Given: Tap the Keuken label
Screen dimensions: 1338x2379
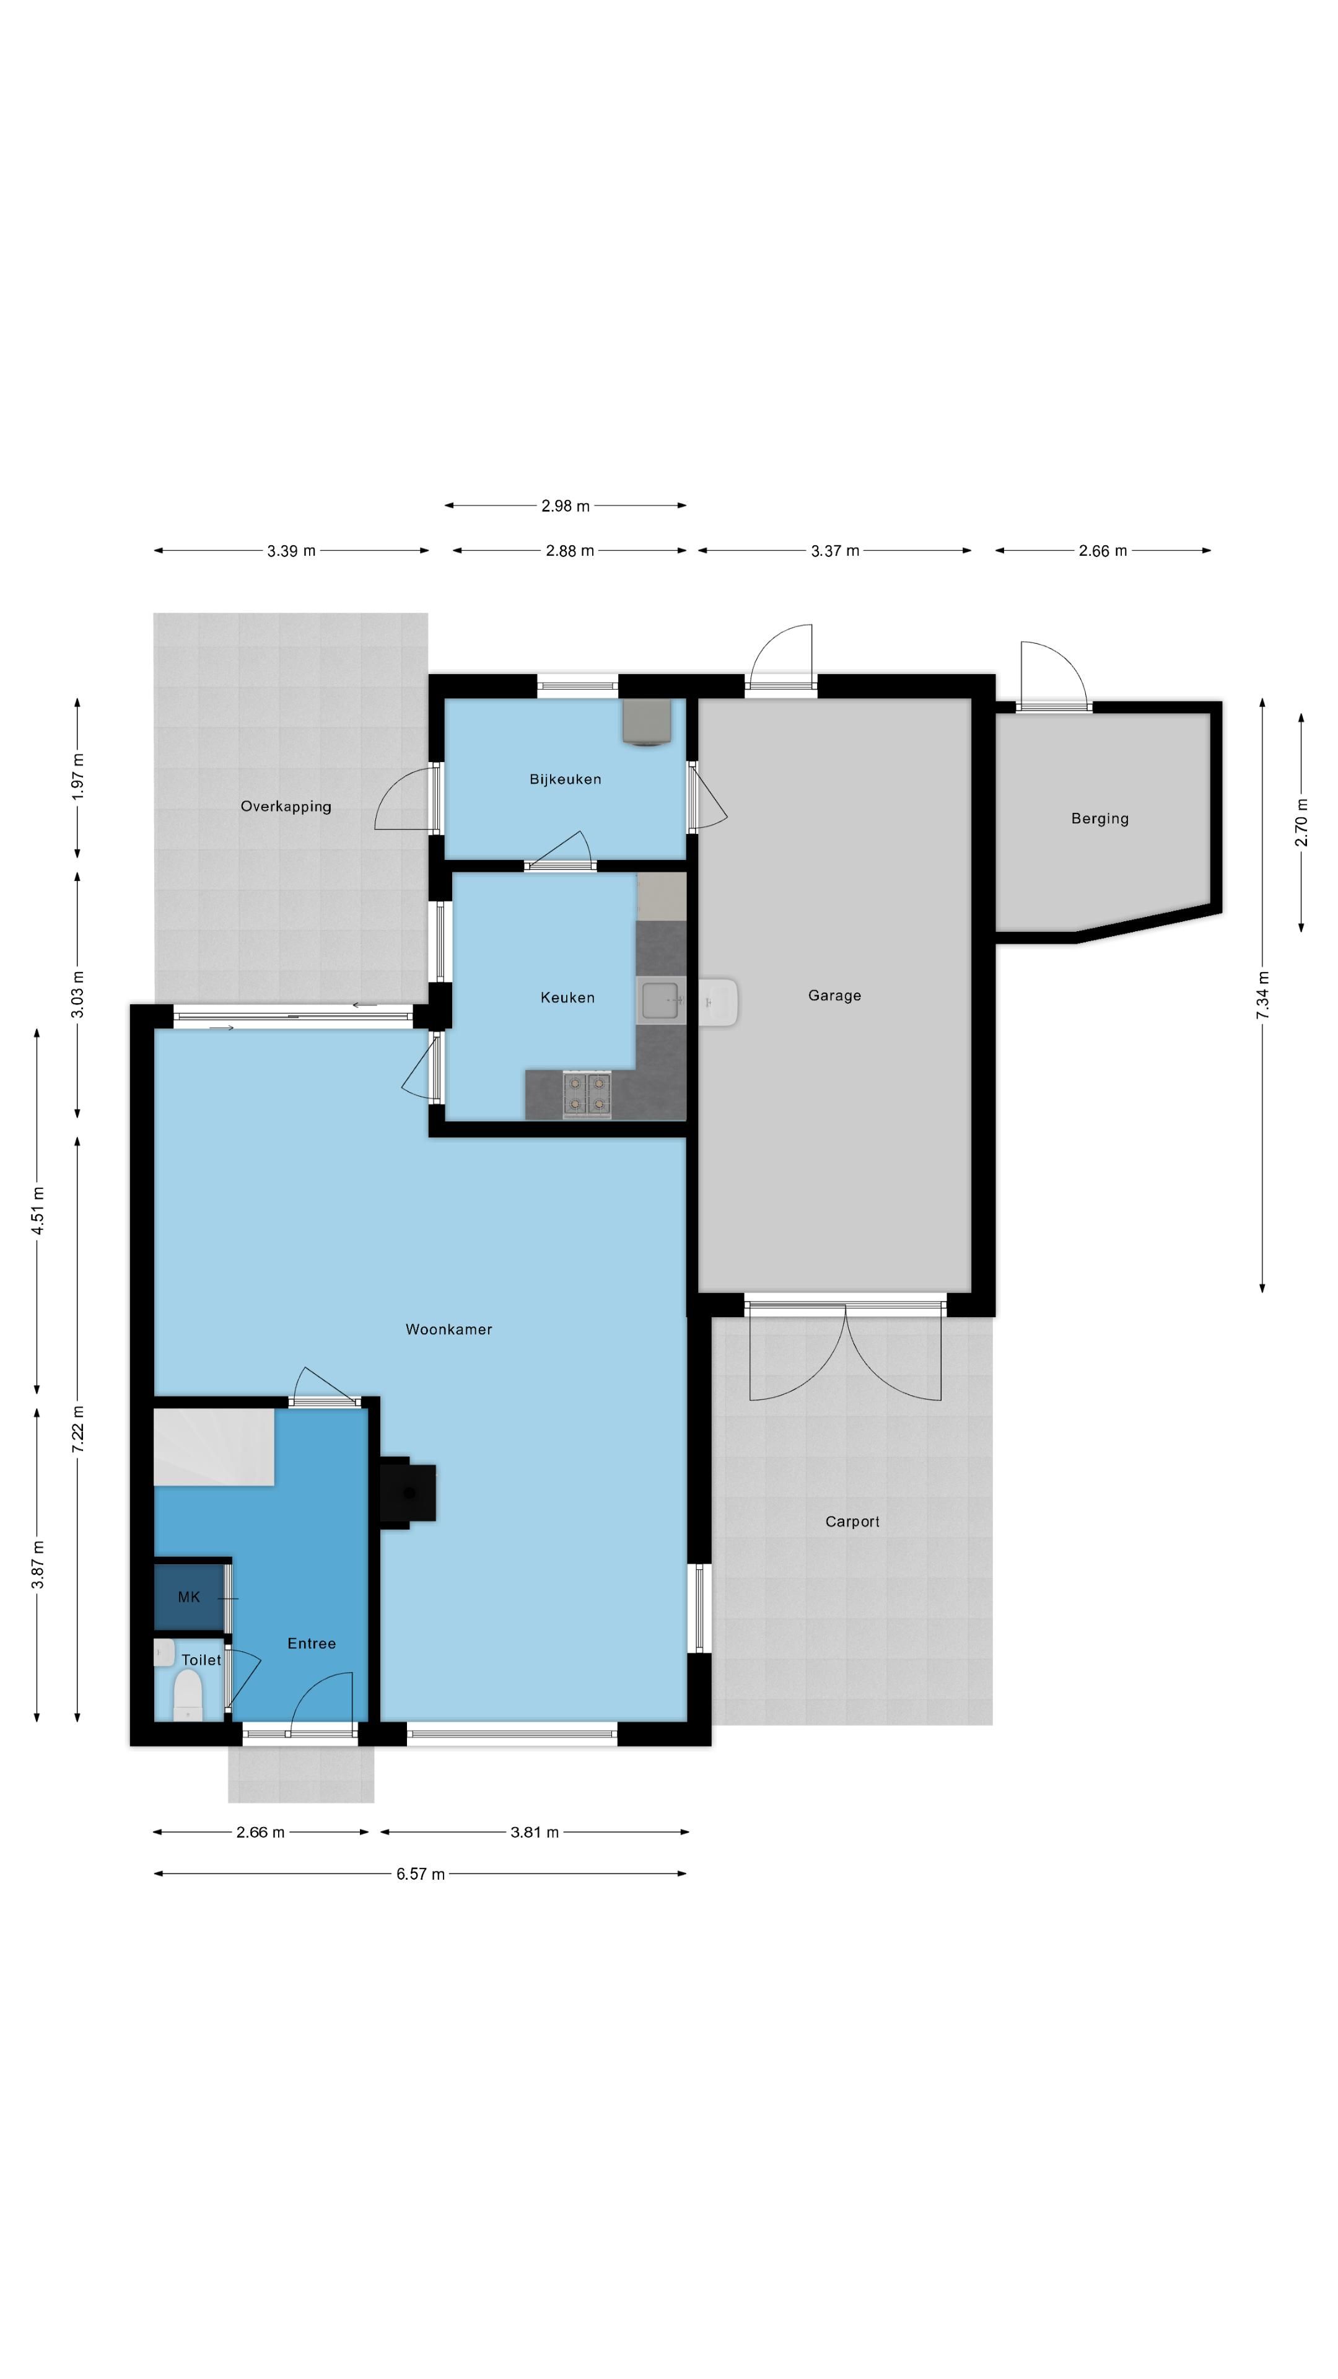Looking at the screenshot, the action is coord(567,997).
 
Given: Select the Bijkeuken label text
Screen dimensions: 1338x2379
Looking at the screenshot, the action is coord(565,779).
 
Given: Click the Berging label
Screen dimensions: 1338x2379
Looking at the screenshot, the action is coord(1100,818).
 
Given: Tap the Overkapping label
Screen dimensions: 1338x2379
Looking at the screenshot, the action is coord(286,806).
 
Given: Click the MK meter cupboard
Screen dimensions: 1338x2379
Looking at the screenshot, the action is coord(190,1597).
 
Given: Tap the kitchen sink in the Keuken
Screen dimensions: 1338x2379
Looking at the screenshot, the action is coord(661,1000).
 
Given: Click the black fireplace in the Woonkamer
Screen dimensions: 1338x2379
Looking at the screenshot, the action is coord(407,1492).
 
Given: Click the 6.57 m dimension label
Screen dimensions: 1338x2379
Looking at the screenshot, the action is coord(421,1874).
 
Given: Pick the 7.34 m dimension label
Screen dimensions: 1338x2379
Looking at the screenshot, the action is coord(1262,996).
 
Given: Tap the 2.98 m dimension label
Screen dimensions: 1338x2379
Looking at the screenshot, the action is coord(565,506).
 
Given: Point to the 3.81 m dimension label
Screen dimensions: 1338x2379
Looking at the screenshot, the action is coord(535,1833).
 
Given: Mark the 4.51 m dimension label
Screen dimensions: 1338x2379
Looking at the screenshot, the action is coord(37,1211).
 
